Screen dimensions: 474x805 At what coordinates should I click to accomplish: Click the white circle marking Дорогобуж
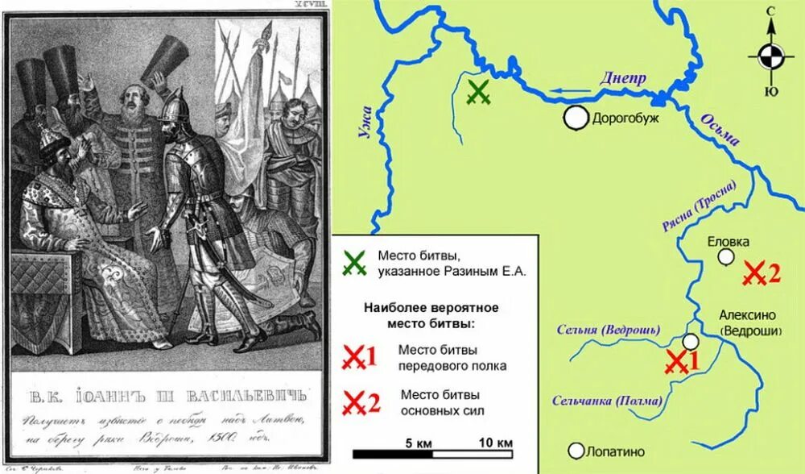[576, 118]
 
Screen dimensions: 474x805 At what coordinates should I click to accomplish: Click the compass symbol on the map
[770, 56]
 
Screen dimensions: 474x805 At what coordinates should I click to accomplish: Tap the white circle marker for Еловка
[726, 256]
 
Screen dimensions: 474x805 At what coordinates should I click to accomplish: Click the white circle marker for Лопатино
[576, 451]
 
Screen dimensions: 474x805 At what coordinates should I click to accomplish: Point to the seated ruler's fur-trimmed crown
[55, 144]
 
